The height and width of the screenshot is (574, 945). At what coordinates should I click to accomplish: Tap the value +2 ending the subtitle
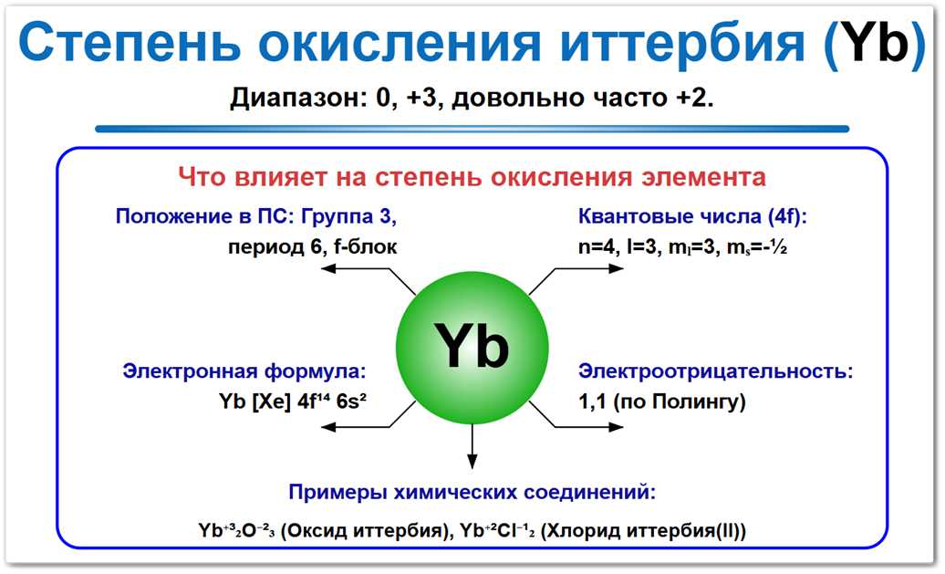[694, 98]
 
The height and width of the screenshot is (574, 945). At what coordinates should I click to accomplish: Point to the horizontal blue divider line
[472, 129]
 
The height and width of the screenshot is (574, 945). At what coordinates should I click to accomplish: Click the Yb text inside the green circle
[471, 347]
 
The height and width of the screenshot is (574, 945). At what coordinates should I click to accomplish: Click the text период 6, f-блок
[312, 246]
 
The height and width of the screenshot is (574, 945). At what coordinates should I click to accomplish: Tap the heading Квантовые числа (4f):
[693, 217]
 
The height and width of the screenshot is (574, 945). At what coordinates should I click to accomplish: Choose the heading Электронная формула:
[244, 371]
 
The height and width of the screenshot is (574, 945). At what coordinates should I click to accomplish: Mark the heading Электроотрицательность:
[716, 371]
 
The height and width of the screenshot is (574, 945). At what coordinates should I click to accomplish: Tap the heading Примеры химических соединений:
[472, 493]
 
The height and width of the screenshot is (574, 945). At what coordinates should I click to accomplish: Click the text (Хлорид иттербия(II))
[643, 530]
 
